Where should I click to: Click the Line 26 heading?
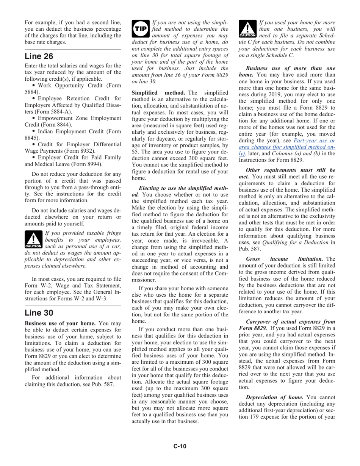pos(39,56)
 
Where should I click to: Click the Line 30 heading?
pos(39,313)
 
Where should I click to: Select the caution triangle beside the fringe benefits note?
pos(33,239)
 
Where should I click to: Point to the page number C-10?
pos(180,446)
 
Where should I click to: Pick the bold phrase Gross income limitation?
pos(284,258)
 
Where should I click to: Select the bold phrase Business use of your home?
pos(60,323)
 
